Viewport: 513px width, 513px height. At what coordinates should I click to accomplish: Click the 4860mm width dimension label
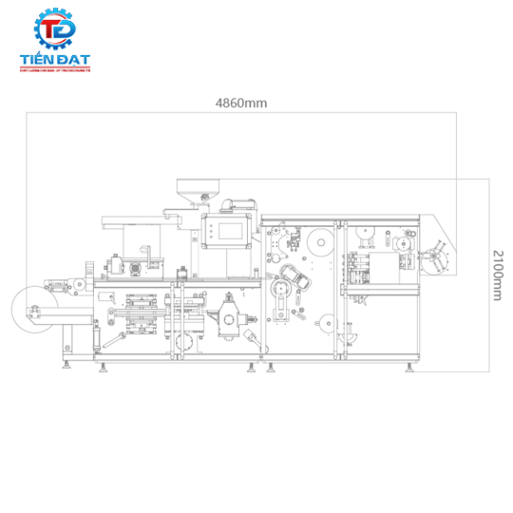[x=241, y=103]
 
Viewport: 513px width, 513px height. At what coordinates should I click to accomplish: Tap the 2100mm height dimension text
[x=497, y=275]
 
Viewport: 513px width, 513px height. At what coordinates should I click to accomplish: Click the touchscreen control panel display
[x=228, y=229]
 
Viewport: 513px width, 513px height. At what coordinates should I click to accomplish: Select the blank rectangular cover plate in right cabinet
[x=387, y=269]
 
